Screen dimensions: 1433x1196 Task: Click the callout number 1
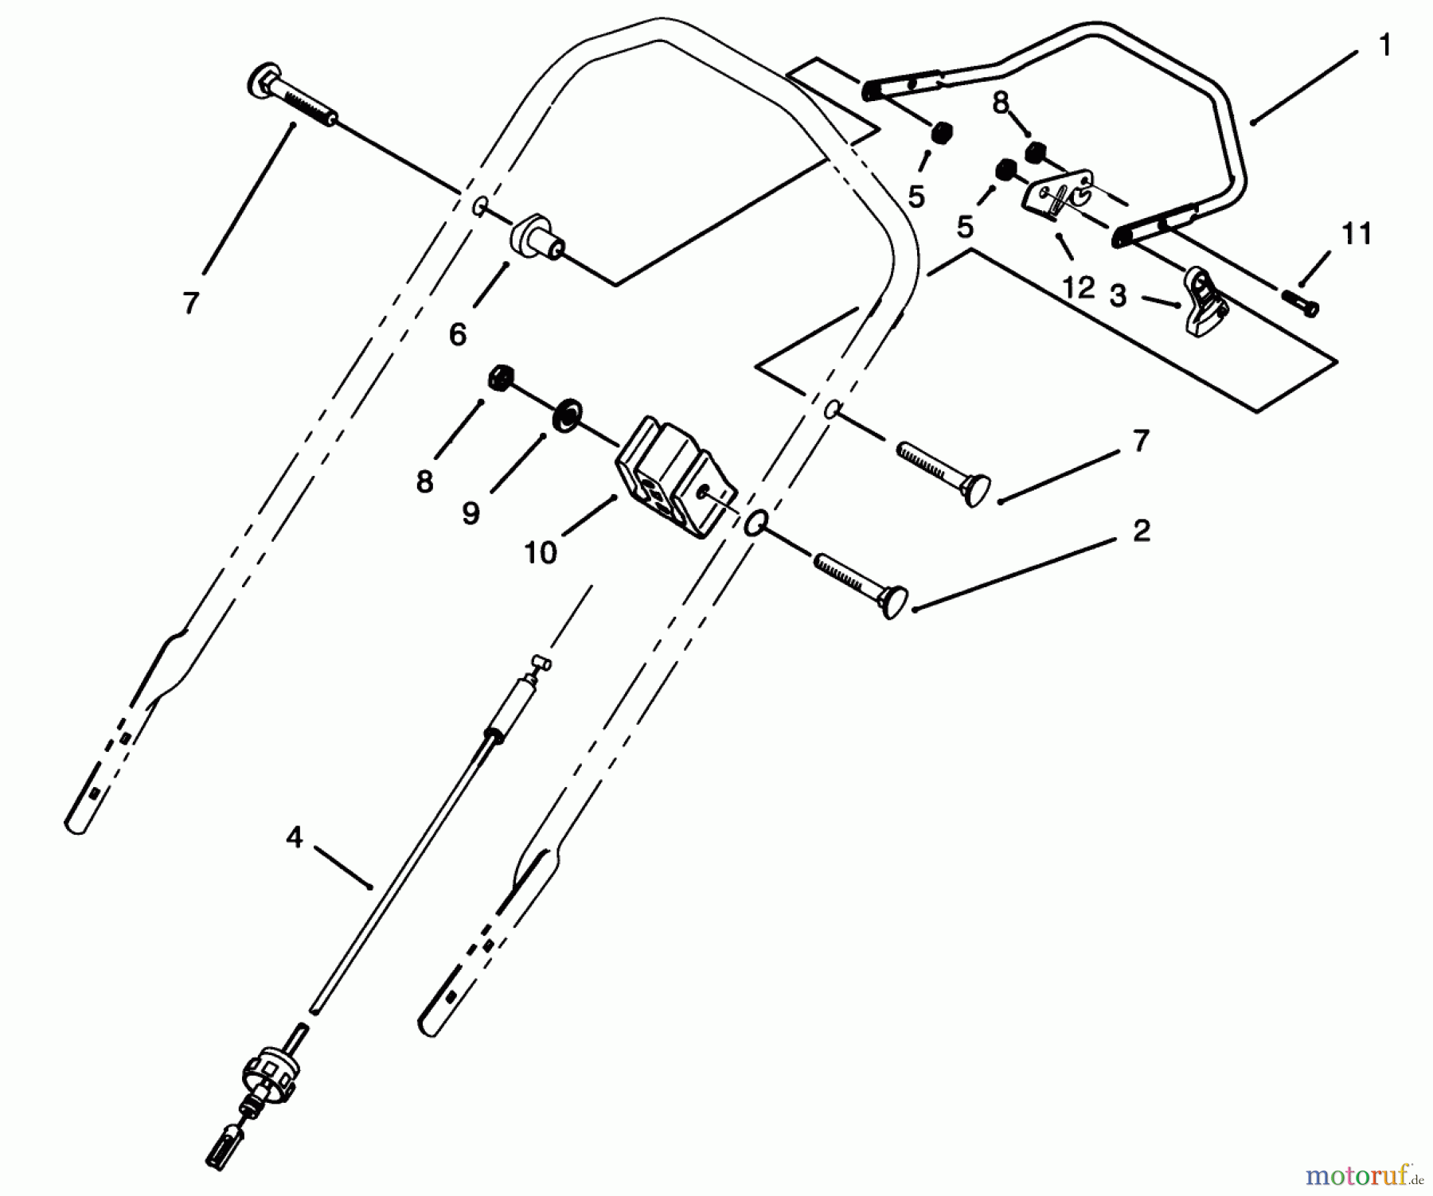click(x=1384, y=46)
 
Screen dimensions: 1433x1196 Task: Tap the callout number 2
click(x=1142, y=531)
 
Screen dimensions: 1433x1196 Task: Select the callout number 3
click(x=1119, y=296)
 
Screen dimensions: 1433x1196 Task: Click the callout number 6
click(x=457, y=335)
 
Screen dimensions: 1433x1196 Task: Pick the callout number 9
click(x=471, y=513)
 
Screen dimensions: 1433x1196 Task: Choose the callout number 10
click(x=541, y=551)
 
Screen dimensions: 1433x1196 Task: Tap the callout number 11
click(x=1357, y=234)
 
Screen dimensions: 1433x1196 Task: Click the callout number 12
click(x=1078, y=287)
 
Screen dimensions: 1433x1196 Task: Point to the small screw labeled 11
click(x=1299, y=303)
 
